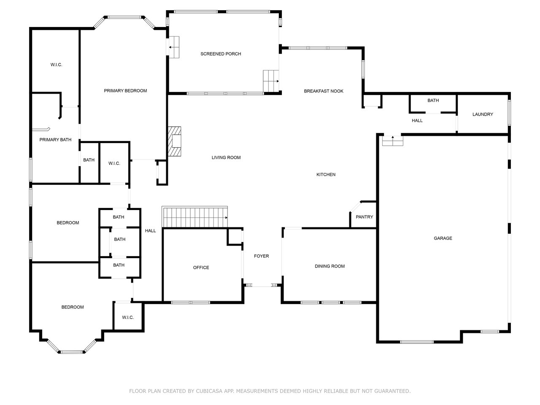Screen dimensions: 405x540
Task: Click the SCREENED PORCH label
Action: pyautogui.click(x=221, y=54)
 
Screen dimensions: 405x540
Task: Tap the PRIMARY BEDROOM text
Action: pyautogui.click(x=125, y=91)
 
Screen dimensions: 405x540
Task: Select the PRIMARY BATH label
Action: pyautogui.click(x=55, y=140)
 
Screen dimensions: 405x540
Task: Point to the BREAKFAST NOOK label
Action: pyautogui.click(x=324, y=91)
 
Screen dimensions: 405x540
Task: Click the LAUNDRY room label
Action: pyautogui.click(x=483, y=114)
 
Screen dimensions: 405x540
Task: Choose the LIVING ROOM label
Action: pyautogui.click(x=226, y=158)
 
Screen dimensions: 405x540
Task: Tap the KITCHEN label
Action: pyautogui.click(x=326, y=175)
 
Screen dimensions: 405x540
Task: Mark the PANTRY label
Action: pyautogui.click(x=364, y=217)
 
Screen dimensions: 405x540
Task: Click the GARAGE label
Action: pyautogui.click(x=443, y=238)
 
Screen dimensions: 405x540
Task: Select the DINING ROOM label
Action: pyautogui.click(x=329, y=266)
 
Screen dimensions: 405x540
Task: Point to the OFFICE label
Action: pyautogui.click(x=201, y=267)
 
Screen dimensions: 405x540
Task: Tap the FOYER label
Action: pyautogui.click(x=261, y=256)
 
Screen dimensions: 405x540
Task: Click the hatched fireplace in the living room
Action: pyautogui.click(x=174, y=141)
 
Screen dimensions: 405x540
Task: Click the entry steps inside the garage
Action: pyautogui.click(x=393, y=140)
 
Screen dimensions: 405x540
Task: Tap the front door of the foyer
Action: pyautogui.click(x=262, y=286)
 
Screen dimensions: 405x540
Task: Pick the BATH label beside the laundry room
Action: pyautogui.click(x=433, y=100)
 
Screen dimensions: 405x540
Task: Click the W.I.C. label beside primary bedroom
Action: pyautogui.click(x=56, y=65)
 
